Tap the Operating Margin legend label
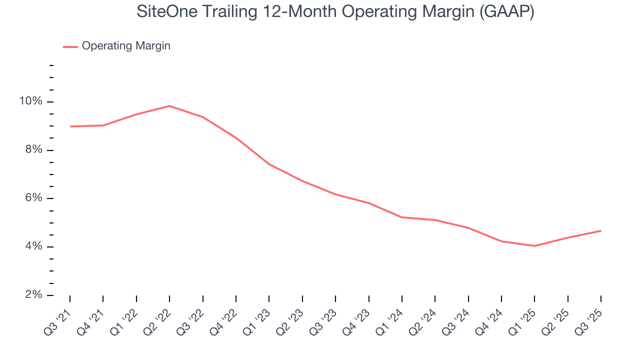tap(126, 46)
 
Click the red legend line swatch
tap(70, 46)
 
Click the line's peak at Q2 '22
tap(169, 106)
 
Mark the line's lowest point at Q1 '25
tap(534, 246)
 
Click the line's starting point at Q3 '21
tap(70, 126)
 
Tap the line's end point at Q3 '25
tap(600, 230)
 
